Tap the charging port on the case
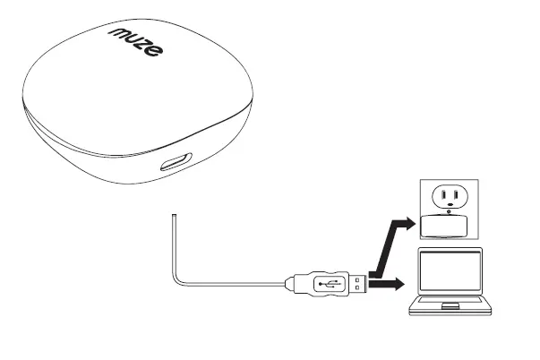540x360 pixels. coord(175,166)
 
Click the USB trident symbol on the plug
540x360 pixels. coord(328,283)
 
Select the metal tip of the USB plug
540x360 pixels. coord(356,283)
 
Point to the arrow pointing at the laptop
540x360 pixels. coord(386,285)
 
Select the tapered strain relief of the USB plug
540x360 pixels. coord(294,283)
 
